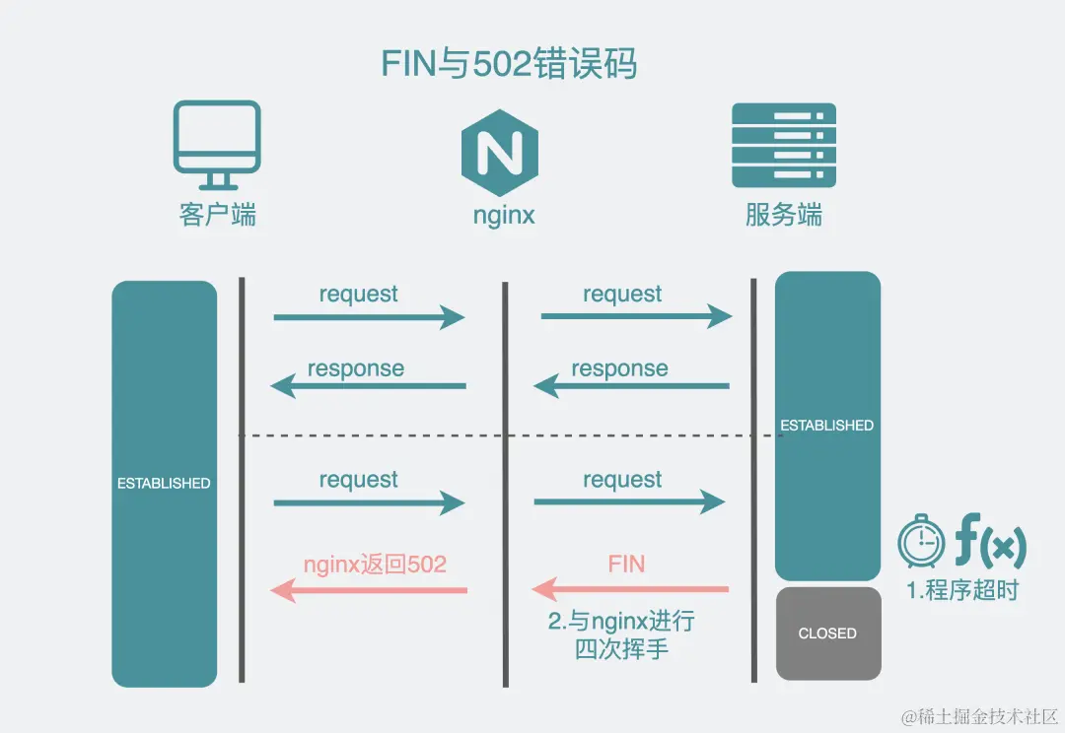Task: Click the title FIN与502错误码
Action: click(x=509, y=64)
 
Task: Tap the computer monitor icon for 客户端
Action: click(x=217, y=144)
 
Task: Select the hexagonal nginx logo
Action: click(x=500, y=151)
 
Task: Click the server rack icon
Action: click(x=784, y=146)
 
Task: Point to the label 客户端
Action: click(x=218, y=215)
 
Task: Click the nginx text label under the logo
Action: click(x=504, y=215)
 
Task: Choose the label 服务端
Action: click(x=784, y=215)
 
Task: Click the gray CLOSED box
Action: click(x=827, y=633)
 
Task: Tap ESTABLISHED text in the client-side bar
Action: click(x=164, y=484)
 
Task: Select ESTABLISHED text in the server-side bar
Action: click(x=827, y=426)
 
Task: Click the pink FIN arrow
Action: click(x=631, y=590)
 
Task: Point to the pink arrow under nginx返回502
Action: click(x=369, y=590)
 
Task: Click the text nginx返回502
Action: click(x=375, y=565)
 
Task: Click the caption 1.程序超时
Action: click(x=962, y=591)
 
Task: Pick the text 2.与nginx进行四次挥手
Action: click(x=621, y=635)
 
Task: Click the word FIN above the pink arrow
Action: click(x=626, y=565)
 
